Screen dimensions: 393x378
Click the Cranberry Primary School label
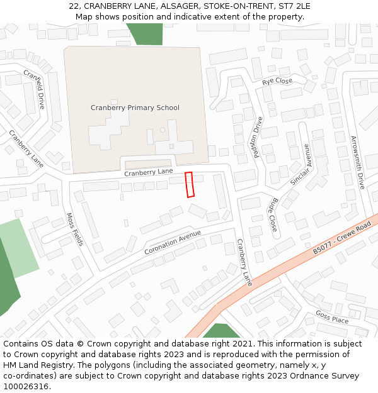point(135,108)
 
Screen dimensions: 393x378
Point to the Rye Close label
point(277,81)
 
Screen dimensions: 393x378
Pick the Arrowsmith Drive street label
point(357,162)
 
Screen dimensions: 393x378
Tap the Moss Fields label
point(74,229)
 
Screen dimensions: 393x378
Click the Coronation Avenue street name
point(172,242)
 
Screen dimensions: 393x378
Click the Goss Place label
point(331,317)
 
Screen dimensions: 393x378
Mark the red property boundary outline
point(189,184)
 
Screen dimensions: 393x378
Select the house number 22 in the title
point(74,6)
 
